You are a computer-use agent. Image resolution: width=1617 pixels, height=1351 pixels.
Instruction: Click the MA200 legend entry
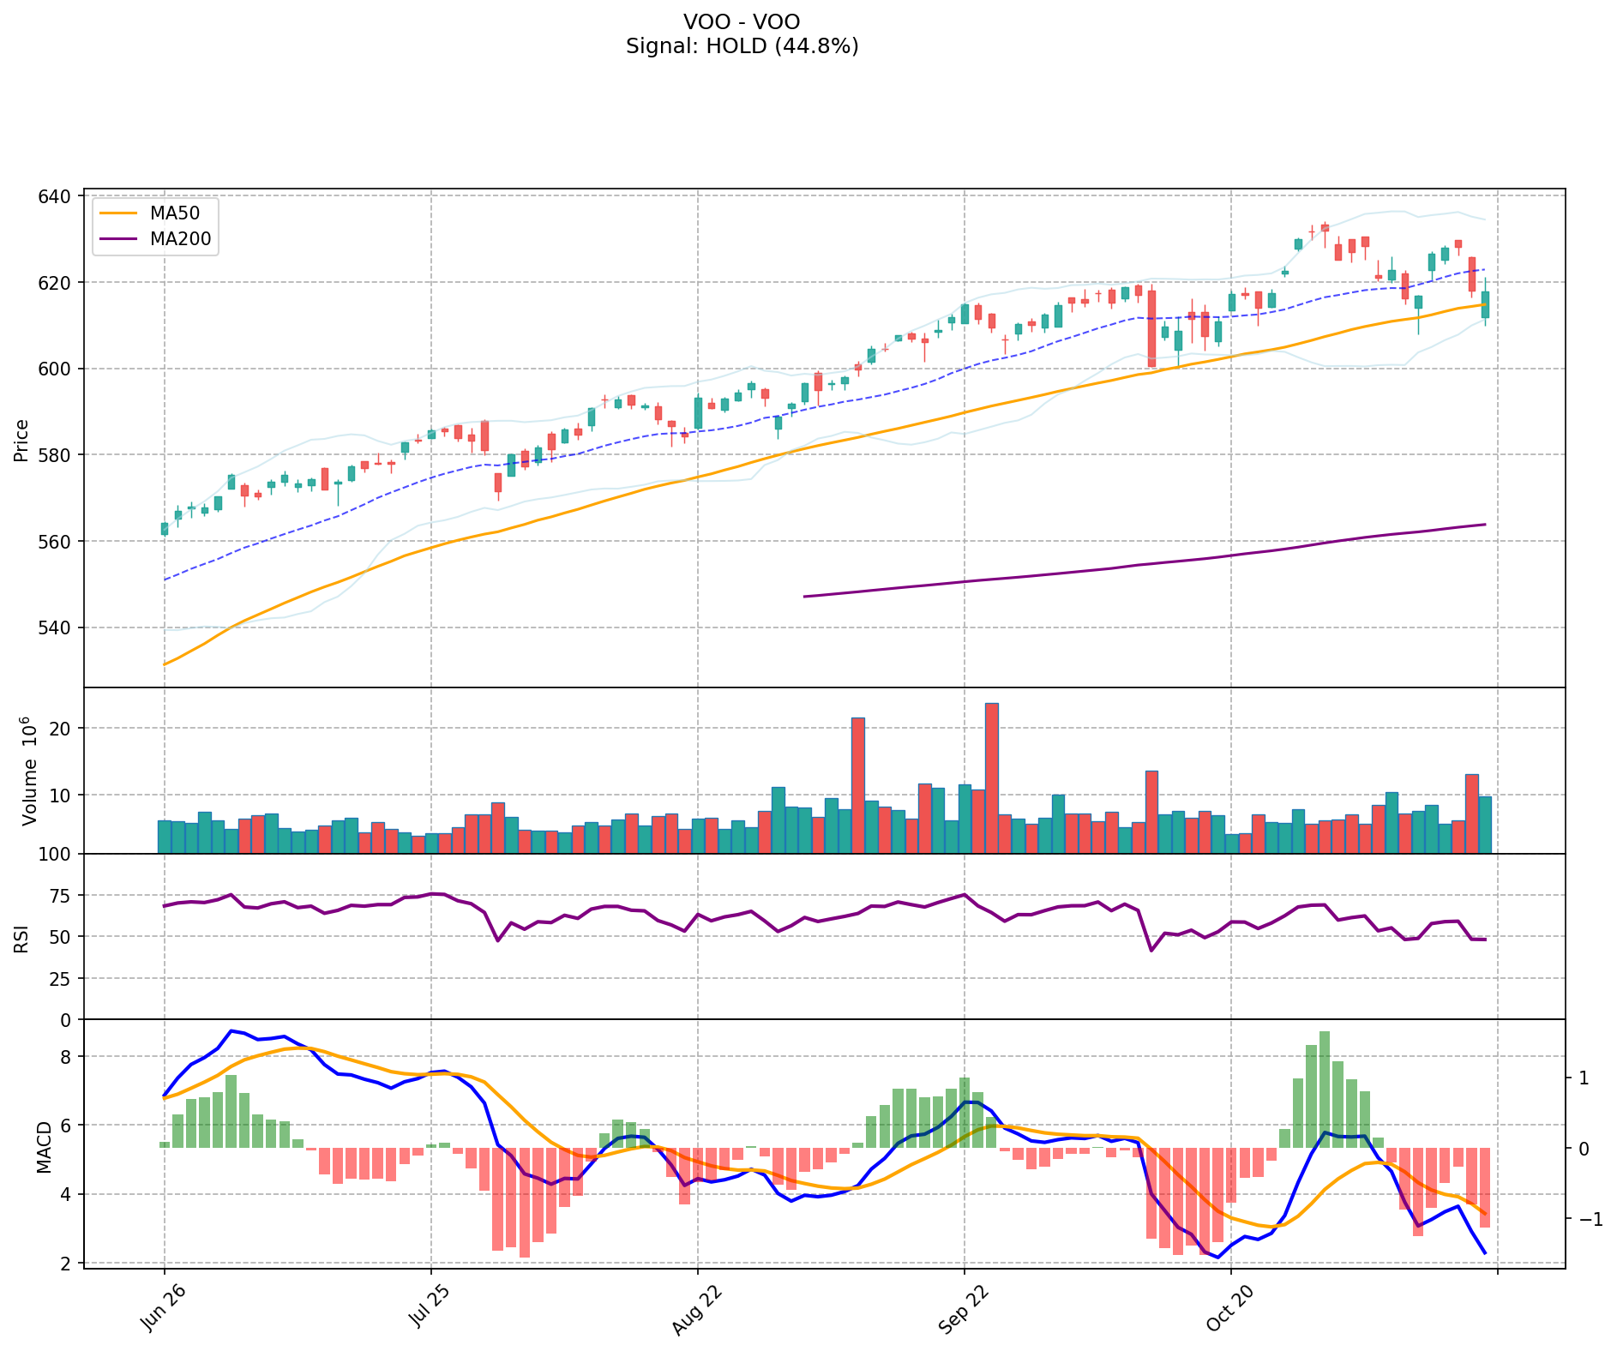180,239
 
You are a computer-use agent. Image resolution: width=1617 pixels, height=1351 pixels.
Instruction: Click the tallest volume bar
991,778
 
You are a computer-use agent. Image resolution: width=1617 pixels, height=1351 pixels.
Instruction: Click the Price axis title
21,441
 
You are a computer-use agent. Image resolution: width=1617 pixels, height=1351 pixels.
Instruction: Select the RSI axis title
21,938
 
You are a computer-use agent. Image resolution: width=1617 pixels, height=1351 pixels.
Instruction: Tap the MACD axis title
44,1146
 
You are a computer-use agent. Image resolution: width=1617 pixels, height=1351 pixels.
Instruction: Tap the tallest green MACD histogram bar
1324,1089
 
